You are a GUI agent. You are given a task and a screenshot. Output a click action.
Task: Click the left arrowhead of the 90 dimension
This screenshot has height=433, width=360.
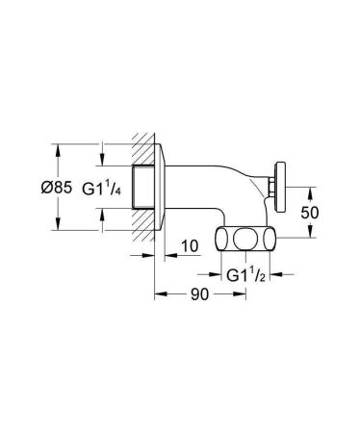[157, 295]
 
